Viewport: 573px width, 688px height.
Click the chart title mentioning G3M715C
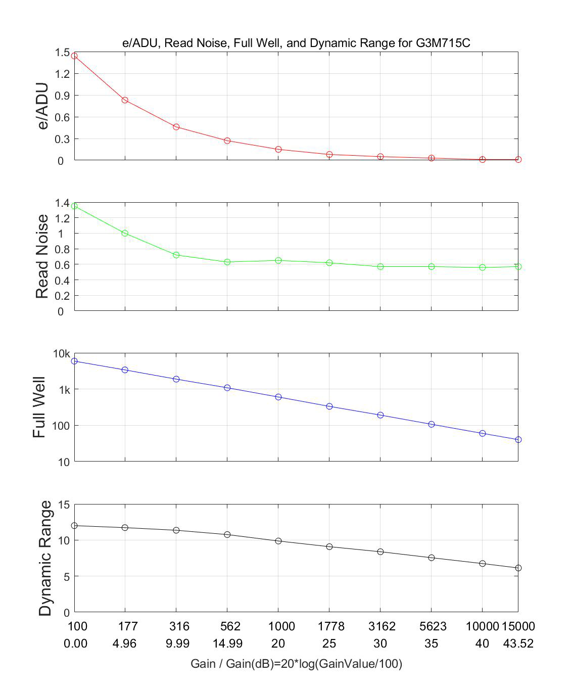tap(296, 42)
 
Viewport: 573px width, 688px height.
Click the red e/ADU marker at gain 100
tap(74, 56)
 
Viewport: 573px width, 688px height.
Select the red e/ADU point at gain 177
tap(125, 100)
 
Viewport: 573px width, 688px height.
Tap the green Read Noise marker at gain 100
tap(74, 206)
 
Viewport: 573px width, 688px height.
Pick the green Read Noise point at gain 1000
tap(278, 260)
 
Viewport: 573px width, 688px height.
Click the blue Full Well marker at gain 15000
tap(518, 440)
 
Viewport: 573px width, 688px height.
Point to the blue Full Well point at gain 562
tap(227, 388)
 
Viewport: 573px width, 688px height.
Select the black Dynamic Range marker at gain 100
tap(74, 526)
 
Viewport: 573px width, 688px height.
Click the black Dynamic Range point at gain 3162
tap(380, 552)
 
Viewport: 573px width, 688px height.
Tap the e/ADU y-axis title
tap(43, 106)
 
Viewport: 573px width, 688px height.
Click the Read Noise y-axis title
tap(42, 256)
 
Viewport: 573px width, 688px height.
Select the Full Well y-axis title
tap(39, 407)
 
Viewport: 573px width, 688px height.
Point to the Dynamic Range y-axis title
tap(45, 558)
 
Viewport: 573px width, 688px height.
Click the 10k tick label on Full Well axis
tap(62, 354)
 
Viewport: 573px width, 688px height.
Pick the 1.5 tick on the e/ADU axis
tap(63, 52)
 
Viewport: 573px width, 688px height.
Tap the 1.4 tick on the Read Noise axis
tap(63, 203)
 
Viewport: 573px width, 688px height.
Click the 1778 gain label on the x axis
tap(331, 626)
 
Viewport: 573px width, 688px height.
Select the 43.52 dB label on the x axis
tap(518, 644)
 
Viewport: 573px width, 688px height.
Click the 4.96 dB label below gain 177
tap(125, 644)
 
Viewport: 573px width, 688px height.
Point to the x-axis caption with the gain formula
tap(296, 664)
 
